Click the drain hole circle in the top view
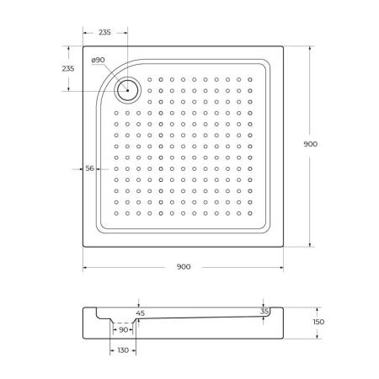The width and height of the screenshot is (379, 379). coord(129,90)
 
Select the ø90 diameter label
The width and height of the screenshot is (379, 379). coord(99,60)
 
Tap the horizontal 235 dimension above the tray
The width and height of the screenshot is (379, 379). coord(105,31)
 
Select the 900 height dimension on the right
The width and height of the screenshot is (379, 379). coord(310,144)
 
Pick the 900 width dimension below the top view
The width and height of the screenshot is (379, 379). coord(184,266)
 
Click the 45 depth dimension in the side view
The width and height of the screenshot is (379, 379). coord(141,313)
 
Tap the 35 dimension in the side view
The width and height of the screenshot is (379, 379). coord(265,311)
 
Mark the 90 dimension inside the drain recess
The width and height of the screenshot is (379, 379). coord(123,329)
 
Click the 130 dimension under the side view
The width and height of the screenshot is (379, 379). coord(123,350)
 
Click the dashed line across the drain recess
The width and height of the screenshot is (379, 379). coord(123,323)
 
